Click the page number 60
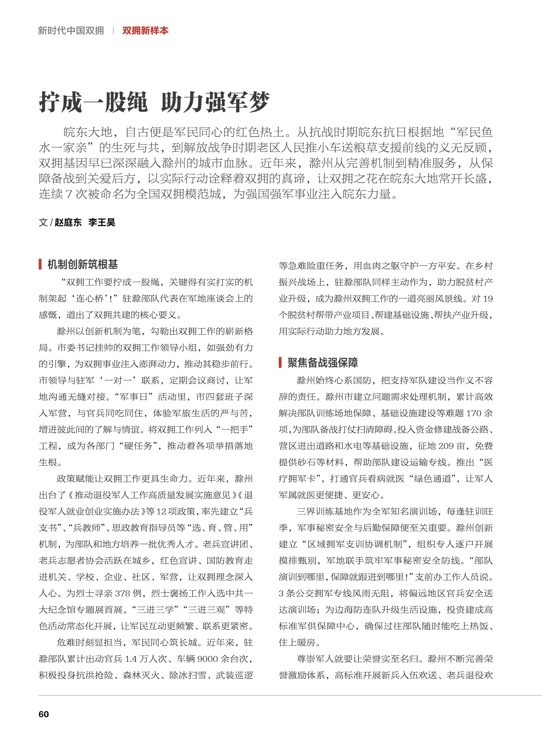44,714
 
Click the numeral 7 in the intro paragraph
69,194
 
